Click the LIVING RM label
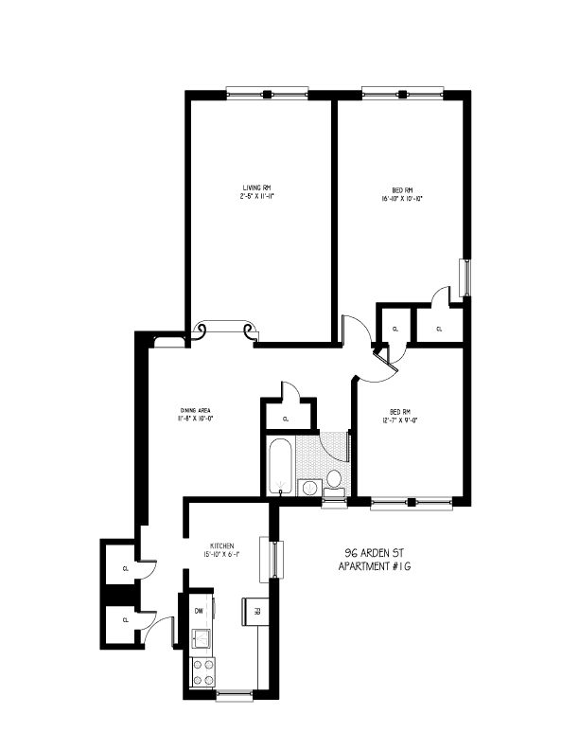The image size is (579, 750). click(257, 189)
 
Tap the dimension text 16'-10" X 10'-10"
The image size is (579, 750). click(399, 199)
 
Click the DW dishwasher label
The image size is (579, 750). click(200, 611)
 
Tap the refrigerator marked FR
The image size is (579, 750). click(253, 611)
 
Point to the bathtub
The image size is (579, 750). click(279, 467)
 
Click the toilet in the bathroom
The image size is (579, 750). click(334, 477)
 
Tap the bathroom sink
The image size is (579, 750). click(309, 488)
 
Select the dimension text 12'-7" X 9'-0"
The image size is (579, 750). click(403, 420)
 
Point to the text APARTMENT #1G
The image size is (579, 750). click(376, 567)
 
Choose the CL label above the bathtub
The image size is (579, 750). click(286, 417)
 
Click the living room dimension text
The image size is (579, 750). click(257, 199)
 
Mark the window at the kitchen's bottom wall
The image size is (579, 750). click(234, 697)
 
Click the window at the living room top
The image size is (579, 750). click(268, 94)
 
